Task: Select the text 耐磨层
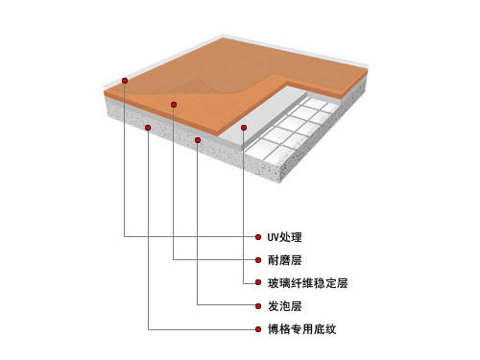pos(283,259)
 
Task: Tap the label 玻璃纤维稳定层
pos(307,283)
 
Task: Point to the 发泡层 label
pos(283,306)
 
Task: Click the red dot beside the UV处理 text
pos(256,236)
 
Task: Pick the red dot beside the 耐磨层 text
pos(256,259)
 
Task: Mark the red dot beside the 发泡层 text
pos(256,306)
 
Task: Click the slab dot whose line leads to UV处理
pos(125,80)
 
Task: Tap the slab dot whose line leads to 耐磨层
pos(174,104)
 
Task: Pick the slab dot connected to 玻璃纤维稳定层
pos(245,127)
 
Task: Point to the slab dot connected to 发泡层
pos(198,140)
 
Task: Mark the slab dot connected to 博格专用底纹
pos(149,127)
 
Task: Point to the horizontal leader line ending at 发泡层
pos(226,306)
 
